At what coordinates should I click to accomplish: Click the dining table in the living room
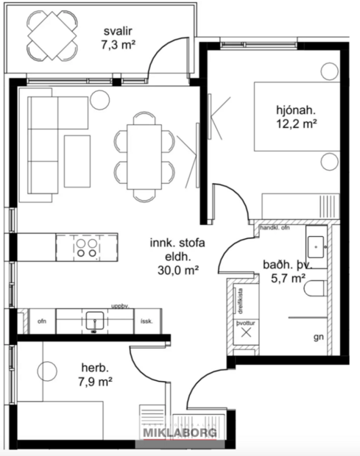click(144, 155)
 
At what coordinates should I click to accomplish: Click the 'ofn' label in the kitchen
click(41, 321)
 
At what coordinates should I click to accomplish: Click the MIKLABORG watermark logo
click(180, 433)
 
